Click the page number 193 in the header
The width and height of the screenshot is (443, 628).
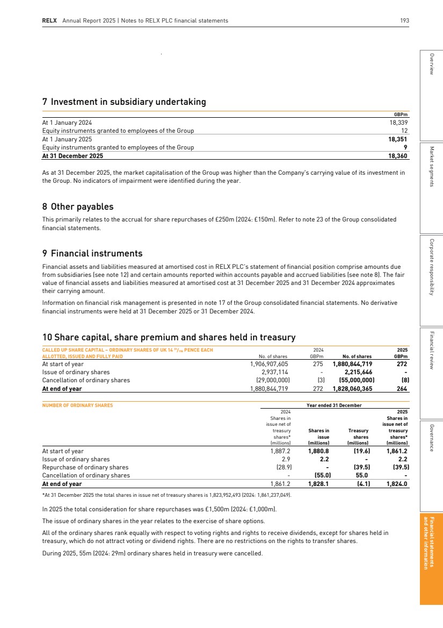coord(404,20)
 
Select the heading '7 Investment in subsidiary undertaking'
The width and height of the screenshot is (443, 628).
coord(124,102)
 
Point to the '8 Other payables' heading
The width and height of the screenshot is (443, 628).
coord(78,206)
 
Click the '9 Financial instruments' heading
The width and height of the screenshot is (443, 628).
coord(92,253)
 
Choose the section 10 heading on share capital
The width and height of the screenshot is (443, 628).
coord(169,337)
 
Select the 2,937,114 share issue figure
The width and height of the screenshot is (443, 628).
coord(275,372)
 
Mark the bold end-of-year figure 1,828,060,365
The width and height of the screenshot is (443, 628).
coord(352,388)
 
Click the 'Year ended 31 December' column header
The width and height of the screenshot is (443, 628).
coord(334,405)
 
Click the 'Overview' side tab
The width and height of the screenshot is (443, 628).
coord(432,65)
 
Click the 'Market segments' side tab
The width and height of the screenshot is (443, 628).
coord(432,166)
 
